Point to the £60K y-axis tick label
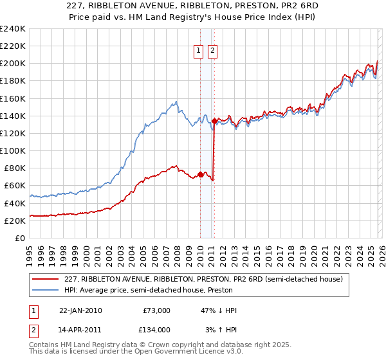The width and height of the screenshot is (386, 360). [14, 186]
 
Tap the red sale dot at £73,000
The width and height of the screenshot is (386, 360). [200, 174]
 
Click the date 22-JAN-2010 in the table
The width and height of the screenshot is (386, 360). [80, 310]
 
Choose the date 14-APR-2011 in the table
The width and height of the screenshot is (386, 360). [80, 329]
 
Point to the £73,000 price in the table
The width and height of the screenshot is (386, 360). [157, 310]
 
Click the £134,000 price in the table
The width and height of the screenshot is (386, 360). [154, 329]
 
